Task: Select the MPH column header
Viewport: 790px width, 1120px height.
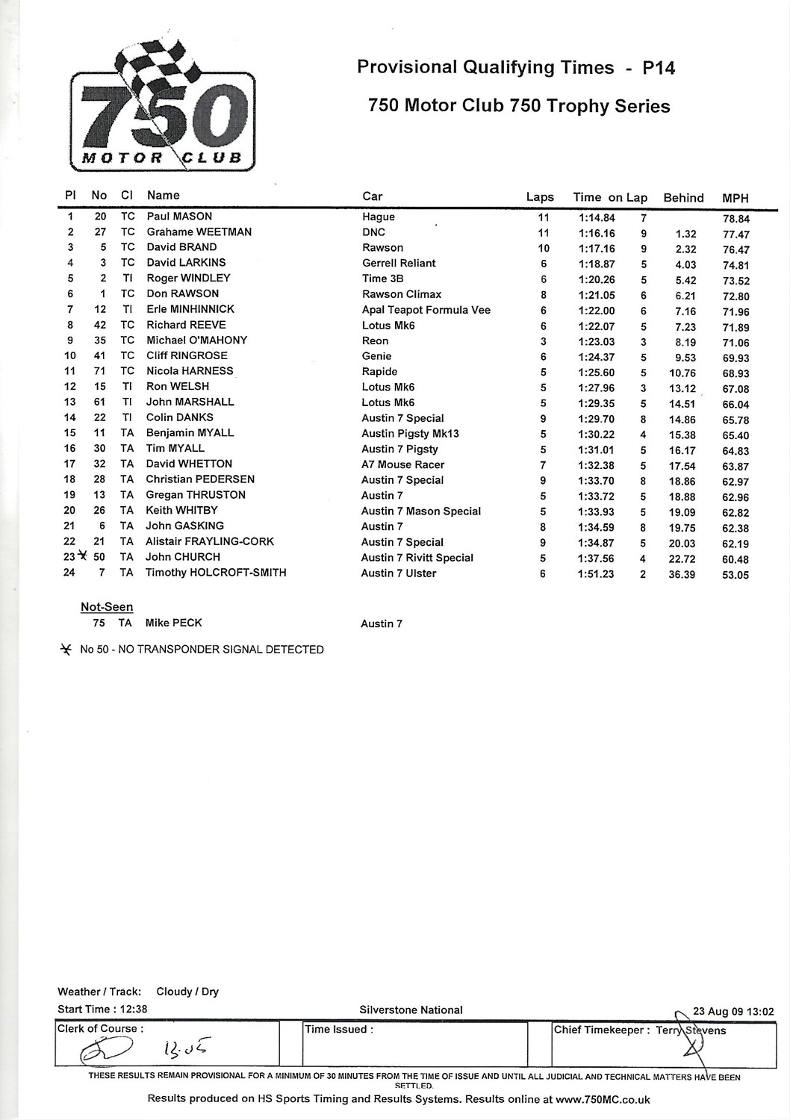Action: (735, 198)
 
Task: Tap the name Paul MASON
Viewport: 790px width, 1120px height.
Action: (179, 217)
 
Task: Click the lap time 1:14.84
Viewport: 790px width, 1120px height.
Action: (597, 218)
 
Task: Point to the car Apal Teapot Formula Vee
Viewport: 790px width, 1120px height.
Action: (426, 310)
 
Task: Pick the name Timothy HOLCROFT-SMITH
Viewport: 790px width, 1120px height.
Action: (216, 573)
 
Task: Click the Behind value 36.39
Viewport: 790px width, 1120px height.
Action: (682, 575)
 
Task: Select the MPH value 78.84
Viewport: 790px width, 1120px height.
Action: (735, 219)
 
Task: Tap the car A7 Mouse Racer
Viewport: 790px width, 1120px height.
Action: (402, 464)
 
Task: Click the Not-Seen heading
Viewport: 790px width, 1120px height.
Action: (107, 607)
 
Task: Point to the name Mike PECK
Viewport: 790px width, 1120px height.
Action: (173, 623)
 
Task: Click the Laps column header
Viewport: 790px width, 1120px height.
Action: (540, 197)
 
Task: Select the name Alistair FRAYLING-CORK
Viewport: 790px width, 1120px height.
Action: (210, 541)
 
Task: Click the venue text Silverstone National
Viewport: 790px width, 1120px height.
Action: (411, 1010)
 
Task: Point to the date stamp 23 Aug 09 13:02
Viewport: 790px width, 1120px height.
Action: (733, 1012)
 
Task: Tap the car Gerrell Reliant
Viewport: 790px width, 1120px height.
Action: (399, 263)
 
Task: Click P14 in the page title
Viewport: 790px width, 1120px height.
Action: (659, 68)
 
